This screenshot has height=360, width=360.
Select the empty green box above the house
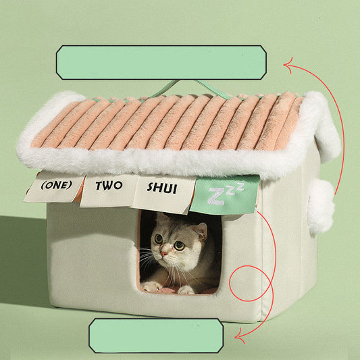tap(161, 62)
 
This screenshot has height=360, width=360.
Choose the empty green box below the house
tap(156, 336)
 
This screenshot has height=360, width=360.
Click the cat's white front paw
tap(152, 286)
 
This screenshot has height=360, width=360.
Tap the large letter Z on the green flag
tap(215, 196)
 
